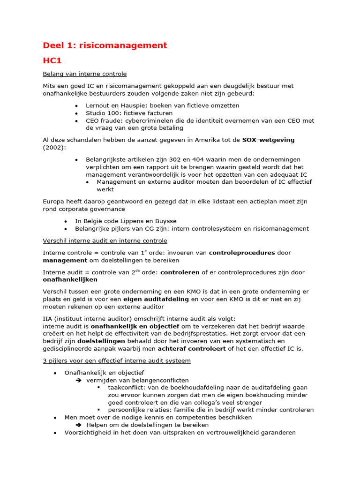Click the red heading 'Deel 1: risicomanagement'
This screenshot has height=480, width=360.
tap(105, 45)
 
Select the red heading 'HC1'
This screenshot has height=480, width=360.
tap(52, 60)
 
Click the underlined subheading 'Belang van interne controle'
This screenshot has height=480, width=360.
tap(85, 74)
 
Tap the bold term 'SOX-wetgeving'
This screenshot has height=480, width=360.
tap(269, 140)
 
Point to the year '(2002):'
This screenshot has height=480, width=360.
tap(55, 148)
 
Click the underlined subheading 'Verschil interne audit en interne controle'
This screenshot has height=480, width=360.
tap(105, 240)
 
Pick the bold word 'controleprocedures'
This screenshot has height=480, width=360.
tap(242, 253)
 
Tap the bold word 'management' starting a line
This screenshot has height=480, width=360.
tap(65, 260)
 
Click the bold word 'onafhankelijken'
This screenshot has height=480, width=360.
tap(70, 280)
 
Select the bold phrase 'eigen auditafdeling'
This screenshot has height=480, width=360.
tap(156, 299)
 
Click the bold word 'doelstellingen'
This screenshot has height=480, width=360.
tap(102, 341)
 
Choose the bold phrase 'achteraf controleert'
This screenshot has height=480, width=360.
tap(191, 348)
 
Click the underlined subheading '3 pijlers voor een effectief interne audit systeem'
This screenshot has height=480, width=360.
tap(117, 360)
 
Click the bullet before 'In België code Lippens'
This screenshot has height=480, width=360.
tap(66, 221)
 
